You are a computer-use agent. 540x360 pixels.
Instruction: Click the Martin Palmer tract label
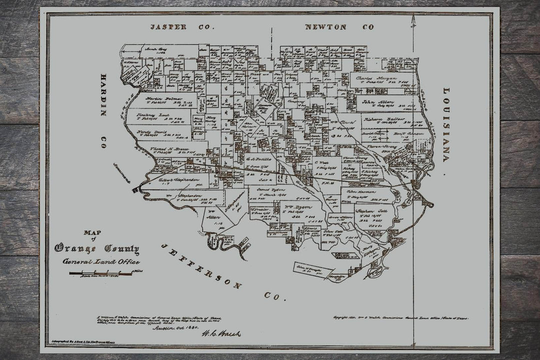[x=158, y=99]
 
